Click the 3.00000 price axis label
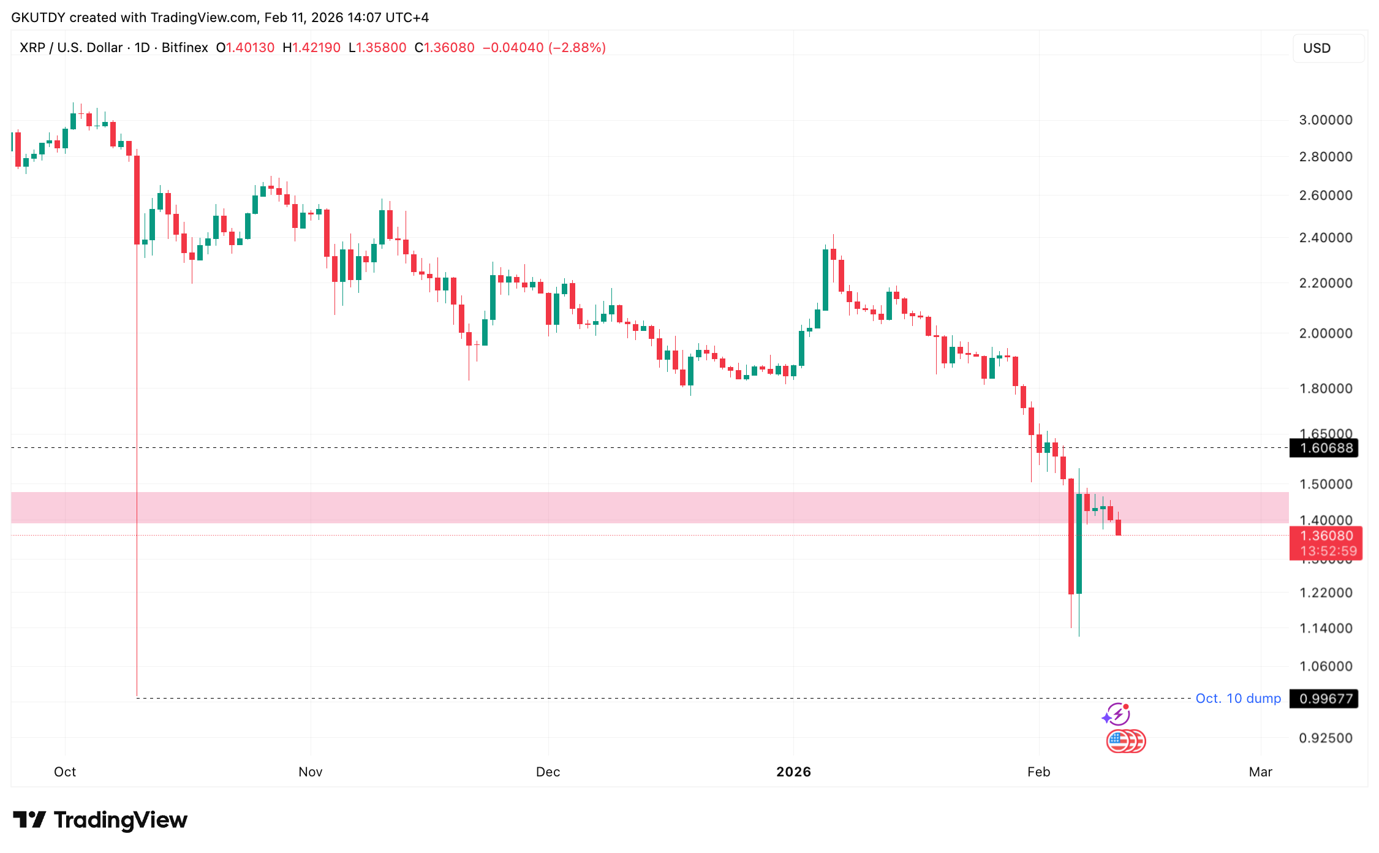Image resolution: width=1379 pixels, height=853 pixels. pos(1325,120)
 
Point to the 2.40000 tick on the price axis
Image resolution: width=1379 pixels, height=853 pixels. pos(1325,238)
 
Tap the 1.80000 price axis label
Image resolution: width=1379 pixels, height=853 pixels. pos(1325,389)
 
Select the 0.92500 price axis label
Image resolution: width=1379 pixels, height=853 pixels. pos(1325,738)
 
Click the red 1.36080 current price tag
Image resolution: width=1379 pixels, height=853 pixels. pos(1326,536)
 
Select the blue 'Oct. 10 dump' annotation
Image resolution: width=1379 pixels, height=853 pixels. pos(1237,699)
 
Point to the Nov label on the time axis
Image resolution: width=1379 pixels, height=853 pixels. pos(311,772)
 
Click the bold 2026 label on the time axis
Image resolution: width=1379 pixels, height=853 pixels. pos(793,772)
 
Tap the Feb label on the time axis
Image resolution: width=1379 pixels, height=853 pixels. pos(1038,772)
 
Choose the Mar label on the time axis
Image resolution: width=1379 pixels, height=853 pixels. pos(1260,772)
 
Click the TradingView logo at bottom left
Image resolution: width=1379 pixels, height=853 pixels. pos(100,820)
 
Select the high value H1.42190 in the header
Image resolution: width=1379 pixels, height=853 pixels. pos(311,48)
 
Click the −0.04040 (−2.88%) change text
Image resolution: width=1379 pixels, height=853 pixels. pos(544,48)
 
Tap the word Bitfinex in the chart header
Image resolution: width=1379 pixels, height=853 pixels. pos(184,48)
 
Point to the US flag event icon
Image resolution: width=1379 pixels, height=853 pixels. pos(1119,741)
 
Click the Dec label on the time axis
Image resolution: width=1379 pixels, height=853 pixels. pos(548,772)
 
